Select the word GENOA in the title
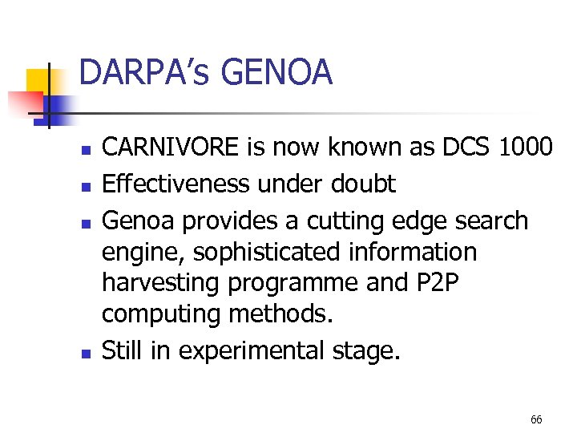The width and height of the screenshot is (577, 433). [275, 74]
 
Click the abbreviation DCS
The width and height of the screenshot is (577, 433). [462, 148]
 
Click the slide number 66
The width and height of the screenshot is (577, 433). [536, 419]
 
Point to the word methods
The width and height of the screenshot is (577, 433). [280, 314]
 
